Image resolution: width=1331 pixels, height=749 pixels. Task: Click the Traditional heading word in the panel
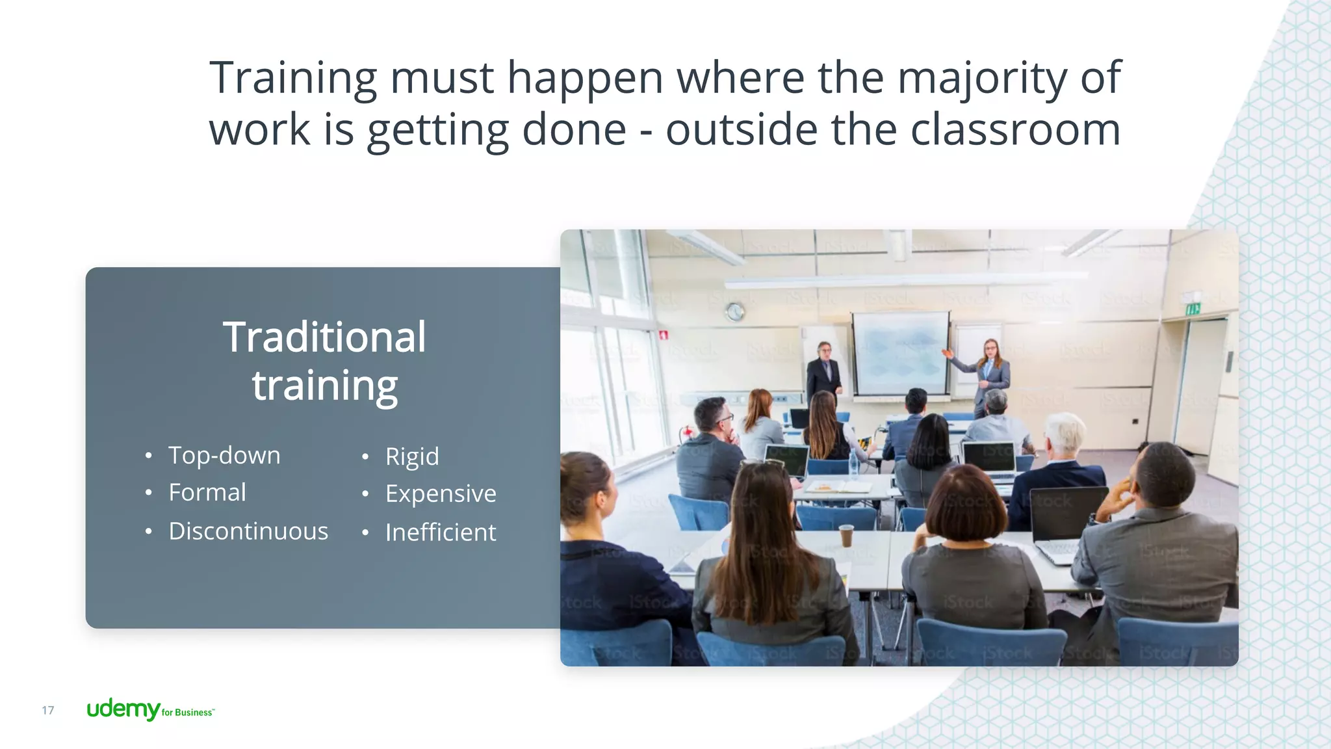(x=324, y=337)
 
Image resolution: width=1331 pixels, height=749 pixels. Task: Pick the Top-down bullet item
(x=224, y=455)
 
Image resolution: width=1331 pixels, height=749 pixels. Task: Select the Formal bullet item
(x=207, y=492)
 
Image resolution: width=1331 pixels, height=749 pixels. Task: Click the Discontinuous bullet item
(x=248, y=531)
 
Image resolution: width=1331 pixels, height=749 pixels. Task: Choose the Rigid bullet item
(x=412, y=456)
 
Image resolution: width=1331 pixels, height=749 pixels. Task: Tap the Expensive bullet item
(x=441, y=493)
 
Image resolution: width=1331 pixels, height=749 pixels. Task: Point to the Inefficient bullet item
(x=441, y=532)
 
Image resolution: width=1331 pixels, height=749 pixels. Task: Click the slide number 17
(x=48, y=710)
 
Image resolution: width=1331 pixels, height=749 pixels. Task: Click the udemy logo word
(x=123, y=709)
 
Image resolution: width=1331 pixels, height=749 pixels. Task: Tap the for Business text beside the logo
(x=187, y=713)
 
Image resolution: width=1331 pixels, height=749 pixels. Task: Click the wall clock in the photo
(x=735, y=312)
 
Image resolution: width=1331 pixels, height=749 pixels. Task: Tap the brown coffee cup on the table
(x=846, y=534)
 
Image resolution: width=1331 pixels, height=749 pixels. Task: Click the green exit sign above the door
(x=1193, y=309)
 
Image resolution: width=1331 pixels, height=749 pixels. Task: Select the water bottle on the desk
(x=853, y=463)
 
